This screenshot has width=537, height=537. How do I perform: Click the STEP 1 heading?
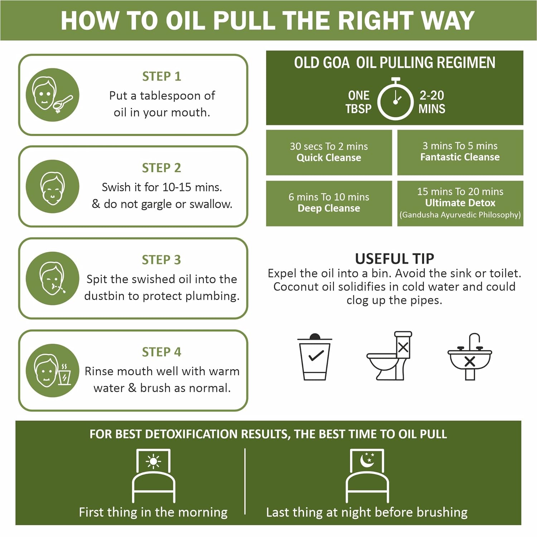pyautogui.click(x=161, y=76)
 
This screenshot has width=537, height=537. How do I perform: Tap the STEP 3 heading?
pyautogui.click(x=161, y=260)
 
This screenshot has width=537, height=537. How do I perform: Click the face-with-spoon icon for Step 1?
pyautogui.click(x=52, y=95)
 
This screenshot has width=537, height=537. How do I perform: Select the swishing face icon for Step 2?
pyautogui.click(x=52, y=187)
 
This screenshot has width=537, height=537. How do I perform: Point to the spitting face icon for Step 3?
pyautogui.click(x=52, y=278)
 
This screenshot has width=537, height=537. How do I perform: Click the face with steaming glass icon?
pyautogui.click(x=52, y=370)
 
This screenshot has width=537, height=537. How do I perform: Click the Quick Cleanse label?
pyautogui.click(x=329, y=158)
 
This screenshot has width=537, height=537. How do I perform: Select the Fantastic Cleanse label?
pyautogui.click(x=460, y=157)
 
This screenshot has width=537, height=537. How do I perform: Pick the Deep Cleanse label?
pyautogui.click(x=329, y=208)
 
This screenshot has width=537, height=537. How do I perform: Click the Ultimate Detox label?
pyautogui.click(x=460, y=203)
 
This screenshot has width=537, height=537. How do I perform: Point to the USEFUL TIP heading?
pyautogui.click(x=395, y=258)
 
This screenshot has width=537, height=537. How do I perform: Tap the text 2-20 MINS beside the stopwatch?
pyautogui.click(x=432, y=102)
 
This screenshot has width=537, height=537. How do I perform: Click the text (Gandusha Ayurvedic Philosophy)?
pyautogui.click(x=460, y=215)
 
